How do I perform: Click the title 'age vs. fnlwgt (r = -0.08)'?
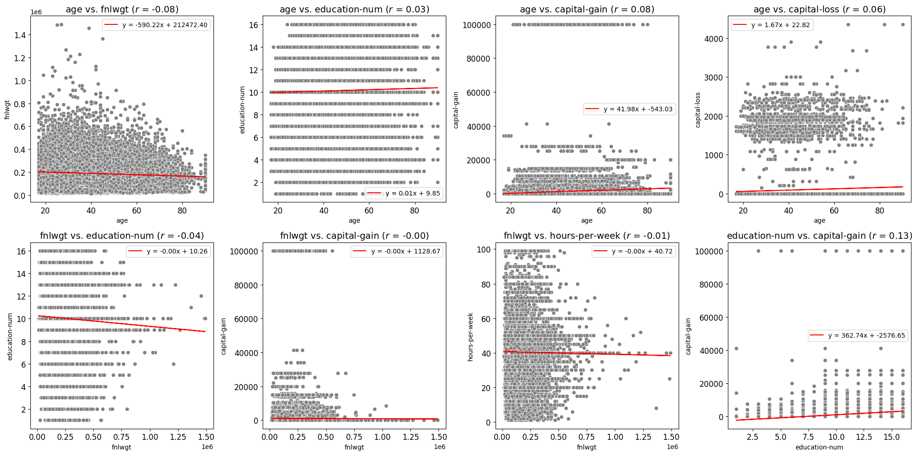point(122,9)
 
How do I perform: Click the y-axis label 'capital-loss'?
point(698,109)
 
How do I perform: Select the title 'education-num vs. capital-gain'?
point(819,236)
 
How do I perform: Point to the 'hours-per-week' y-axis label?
point(470,337)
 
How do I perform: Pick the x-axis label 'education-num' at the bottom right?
point(819,447)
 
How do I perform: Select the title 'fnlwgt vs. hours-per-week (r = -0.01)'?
point(587,236)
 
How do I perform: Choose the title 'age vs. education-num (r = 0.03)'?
point(354,9)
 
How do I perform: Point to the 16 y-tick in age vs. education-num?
point(253,25)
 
